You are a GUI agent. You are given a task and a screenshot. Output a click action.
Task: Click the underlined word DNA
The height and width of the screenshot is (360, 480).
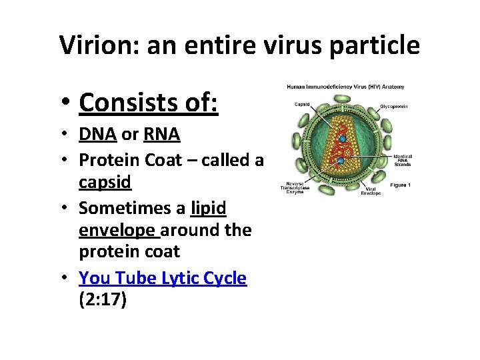pyautogui.click(x=97, y=134)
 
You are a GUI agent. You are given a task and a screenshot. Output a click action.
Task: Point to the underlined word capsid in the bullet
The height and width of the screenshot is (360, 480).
pyautogui.click(x=105, y=182)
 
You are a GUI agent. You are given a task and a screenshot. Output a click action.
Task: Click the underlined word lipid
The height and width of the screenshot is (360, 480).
pyautogui.click(x=208, y=208)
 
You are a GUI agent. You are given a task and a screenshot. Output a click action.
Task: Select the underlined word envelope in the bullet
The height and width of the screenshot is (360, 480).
pyautogui.click(x=117, y=230)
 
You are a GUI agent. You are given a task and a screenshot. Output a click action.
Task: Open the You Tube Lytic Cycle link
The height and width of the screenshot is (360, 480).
pyautogui.click(x=163, y=278)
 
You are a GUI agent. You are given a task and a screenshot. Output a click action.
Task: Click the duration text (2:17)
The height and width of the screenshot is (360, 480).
pyautogui.click(x=103, y=299)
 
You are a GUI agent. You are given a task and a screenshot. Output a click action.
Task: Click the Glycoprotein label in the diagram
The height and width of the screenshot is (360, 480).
pyautogui.click(x=393, y=106)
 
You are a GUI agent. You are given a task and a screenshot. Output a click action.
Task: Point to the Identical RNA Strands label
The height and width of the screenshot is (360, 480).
pyautogui.click(x=402, y=160)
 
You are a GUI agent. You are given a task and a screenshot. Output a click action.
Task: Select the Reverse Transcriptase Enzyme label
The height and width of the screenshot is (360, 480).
pyautogui.click(x=297, y=187)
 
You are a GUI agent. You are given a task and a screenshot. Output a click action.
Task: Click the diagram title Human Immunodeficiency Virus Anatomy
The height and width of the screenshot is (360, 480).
pyautogui.click(x=345, y=87)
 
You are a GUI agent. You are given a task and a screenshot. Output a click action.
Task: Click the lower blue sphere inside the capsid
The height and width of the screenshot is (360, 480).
pyautogui.click(x=340, y=161)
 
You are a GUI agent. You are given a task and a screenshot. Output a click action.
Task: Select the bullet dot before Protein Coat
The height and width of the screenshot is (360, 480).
pyautogui.click(x=69, y=161)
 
